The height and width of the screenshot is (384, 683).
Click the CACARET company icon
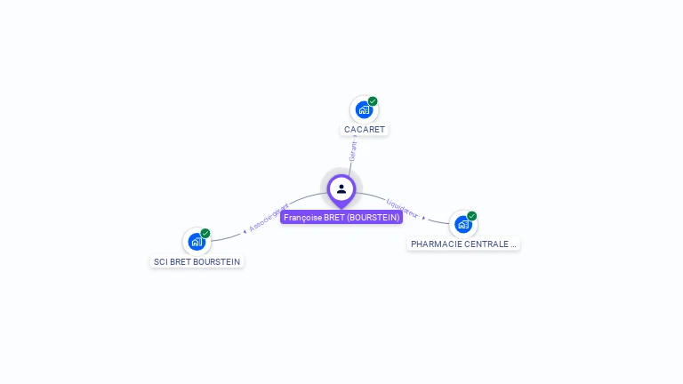pos(364,109)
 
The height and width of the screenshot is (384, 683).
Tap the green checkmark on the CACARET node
pos(373,101)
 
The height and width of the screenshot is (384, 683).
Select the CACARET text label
pos(365,130)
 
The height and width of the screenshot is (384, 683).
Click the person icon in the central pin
pos(341,188)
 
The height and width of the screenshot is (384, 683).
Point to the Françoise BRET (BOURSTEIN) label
pos(341,217)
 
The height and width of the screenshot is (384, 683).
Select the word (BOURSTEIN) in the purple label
pos(373,217)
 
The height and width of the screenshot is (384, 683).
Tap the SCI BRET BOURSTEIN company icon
pos(197,242)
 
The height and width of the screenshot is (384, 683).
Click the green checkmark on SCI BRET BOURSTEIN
pos(205,234)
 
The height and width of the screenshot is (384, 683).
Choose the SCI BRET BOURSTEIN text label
pos(197,262)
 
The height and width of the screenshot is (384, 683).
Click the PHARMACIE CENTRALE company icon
pos(463,224)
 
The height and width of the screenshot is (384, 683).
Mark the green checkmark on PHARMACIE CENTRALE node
pos(472,216)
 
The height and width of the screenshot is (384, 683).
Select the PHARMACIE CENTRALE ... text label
pos(463,244)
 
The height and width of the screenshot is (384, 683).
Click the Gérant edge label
pos(353,150)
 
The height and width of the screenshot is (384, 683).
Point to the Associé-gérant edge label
pos(269,217)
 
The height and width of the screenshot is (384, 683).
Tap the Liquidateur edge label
pos(403,210)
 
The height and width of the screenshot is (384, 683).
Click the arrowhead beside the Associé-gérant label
pos(245,231)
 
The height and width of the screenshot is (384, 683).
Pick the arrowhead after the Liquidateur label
pos(424,218)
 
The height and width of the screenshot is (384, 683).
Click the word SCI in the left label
pos(161,262)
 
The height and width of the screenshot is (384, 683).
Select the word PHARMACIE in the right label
pos(435,244)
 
